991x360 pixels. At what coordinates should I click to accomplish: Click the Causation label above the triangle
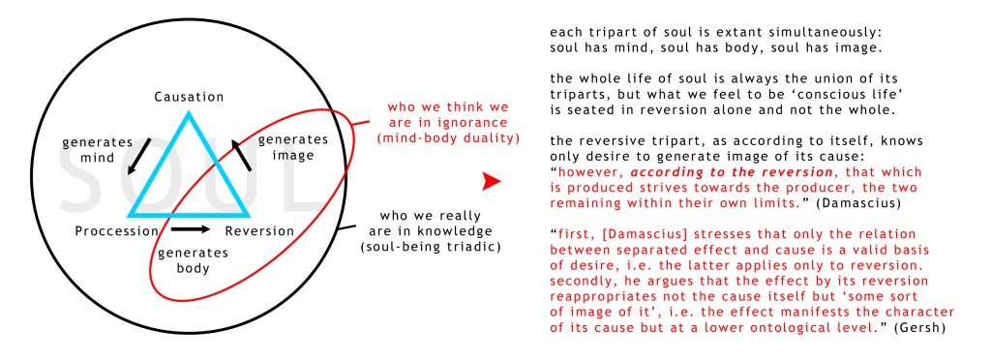[x=189, y=98]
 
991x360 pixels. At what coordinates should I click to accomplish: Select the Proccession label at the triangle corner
[x=117, y=231]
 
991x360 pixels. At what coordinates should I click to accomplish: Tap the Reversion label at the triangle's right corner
[x=259, y=231]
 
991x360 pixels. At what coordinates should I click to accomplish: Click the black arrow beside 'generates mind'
[x=139, y=156]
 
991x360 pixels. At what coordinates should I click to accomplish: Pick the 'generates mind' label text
[x=98, y=150]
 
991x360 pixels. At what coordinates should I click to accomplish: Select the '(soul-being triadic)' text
[x=431, y=247]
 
